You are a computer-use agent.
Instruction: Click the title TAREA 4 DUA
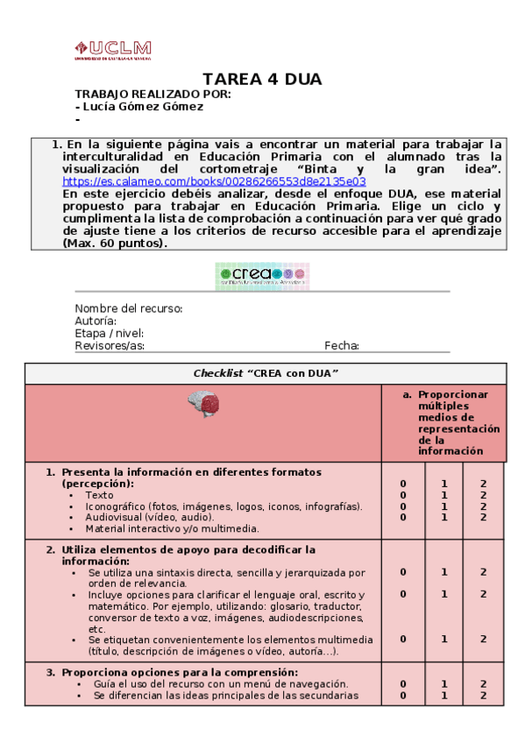262,80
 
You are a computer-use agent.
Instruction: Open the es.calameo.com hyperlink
214,181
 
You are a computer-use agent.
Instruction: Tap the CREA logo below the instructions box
262,276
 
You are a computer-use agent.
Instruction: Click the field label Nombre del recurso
128,308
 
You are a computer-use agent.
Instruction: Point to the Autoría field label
96,321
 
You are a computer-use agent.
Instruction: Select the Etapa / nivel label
109,333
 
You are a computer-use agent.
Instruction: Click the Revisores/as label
110,345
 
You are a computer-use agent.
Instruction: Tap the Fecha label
342,345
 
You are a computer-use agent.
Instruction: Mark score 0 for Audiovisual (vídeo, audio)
403,517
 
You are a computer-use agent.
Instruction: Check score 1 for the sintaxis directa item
443,572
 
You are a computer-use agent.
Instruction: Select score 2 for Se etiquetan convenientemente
483,639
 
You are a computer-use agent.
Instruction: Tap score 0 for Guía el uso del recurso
403,684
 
